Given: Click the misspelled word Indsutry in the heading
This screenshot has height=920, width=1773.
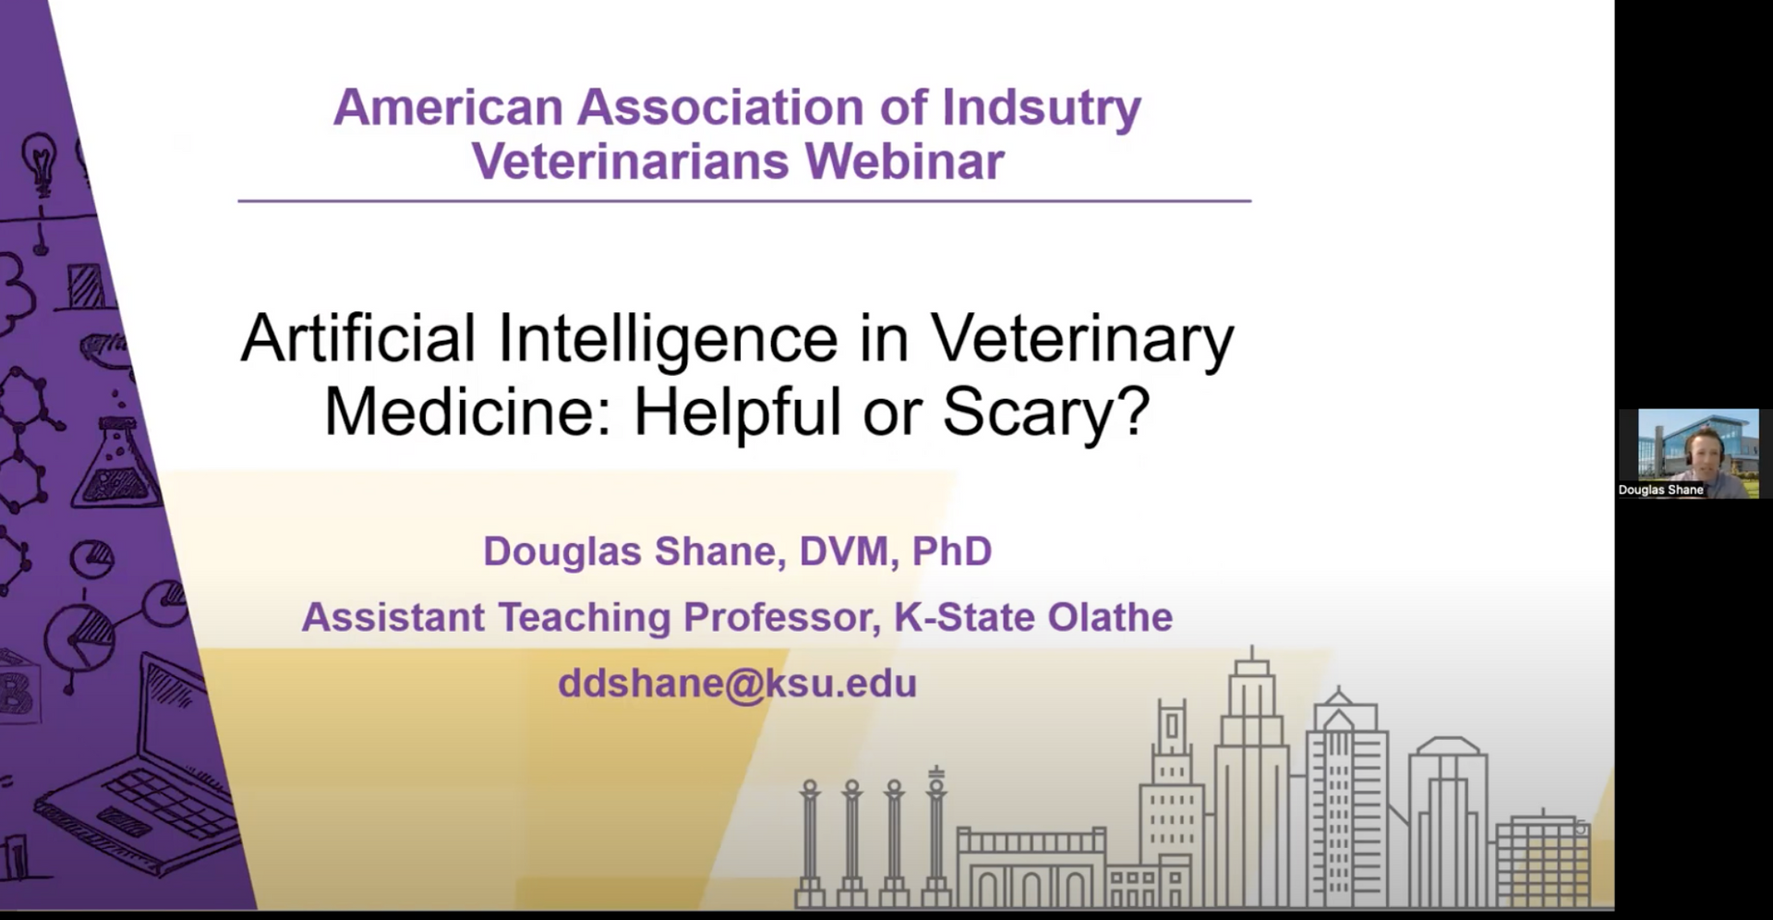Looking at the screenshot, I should click(x=1041, y=108).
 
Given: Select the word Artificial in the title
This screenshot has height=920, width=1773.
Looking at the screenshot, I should click(x=357, y=338).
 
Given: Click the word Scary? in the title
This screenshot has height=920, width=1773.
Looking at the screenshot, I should click(x=1045, y=412).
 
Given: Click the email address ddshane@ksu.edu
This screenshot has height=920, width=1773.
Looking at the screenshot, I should click(x=737, y=684).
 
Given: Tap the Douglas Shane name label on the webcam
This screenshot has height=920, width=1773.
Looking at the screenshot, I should click(x=1660, y=490).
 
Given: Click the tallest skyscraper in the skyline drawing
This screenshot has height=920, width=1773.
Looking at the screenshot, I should click(x=1251, y=776).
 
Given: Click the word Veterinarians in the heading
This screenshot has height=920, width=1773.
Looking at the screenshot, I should click(x=631, y=162).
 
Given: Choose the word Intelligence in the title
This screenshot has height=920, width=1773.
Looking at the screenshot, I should click(x=667, y=338).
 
